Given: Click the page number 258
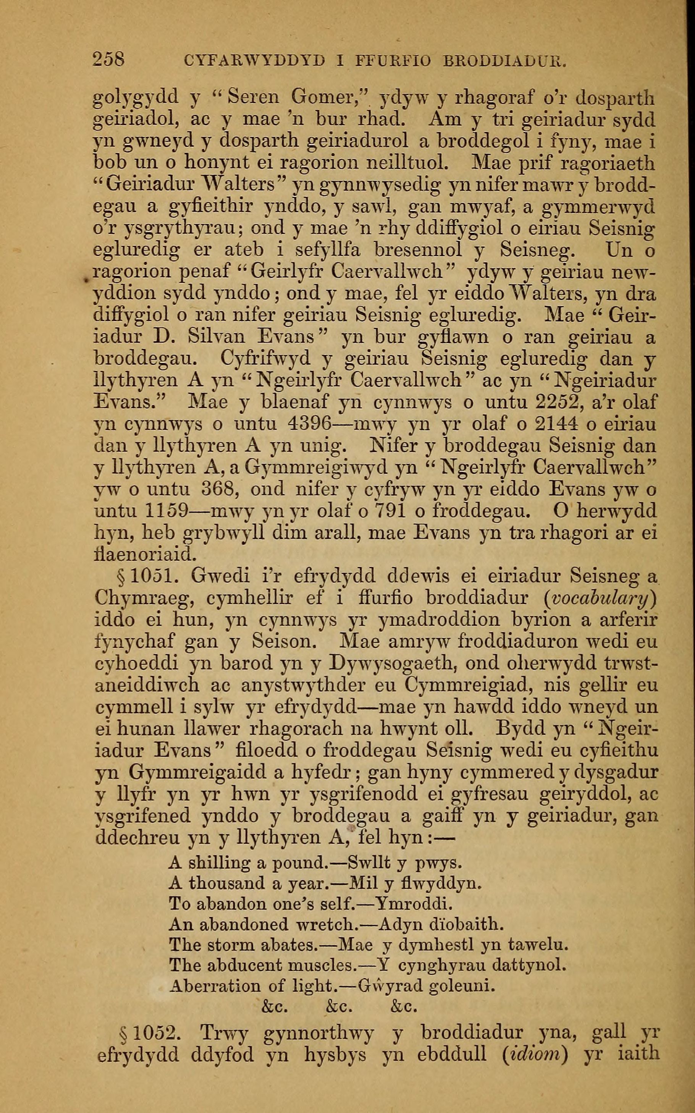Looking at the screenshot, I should pyautogui.click(x=109, y=59).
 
